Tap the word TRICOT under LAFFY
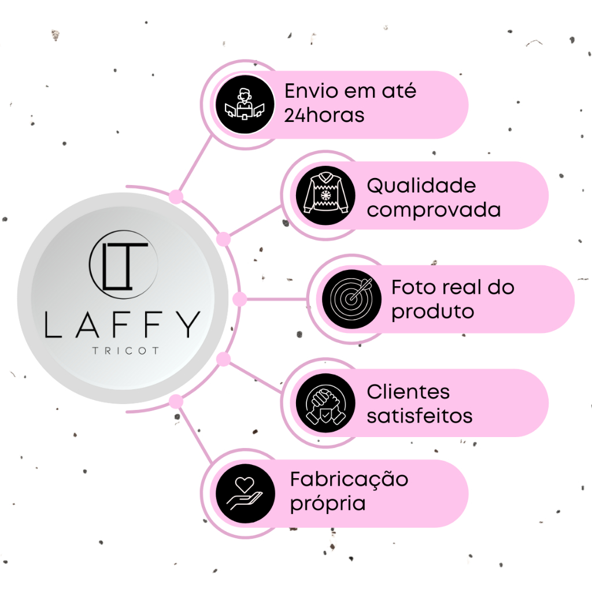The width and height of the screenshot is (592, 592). tap(125, 351)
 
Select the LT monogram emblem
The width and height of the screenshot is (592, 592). tap(124, 264)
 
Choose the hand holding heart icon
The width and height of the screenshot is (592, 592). tap(245, 493)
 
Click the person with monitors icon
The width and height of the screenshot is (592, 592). tap(245, 105)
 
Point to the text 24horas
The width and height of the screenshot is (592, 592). tap(324, 115)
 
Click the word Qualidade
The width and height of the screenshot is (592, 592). tap(421, 186)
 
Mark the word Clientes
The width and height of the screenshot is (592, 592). tap(408, 391)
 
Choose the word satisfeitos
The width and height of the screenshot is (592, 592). tap(420, 416)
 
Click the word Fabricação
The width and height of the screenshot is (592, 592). tap(349, 480)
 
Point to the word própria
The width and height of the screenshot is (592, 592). tap(328, 504)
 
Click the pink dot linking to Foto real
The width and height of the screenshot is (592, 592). tap(239, 299)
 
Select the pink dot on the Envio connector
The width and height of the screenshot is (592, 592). tap(176, 197)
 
